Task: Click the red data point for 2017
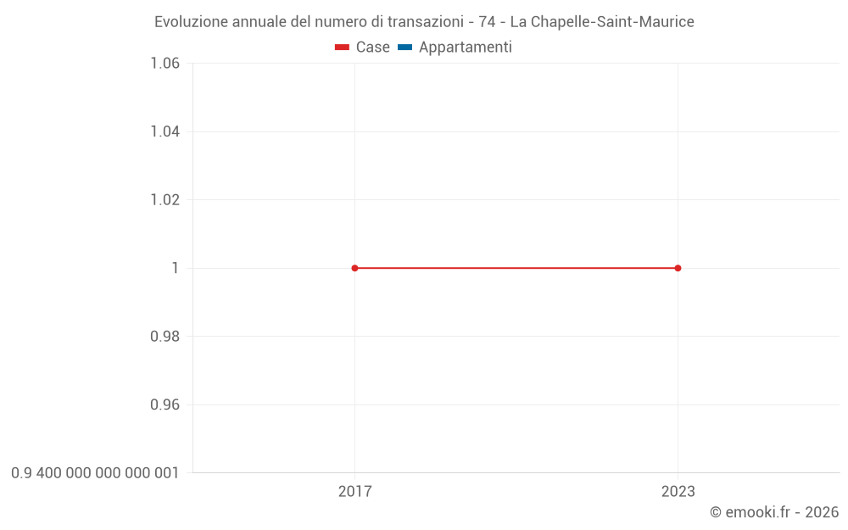354,268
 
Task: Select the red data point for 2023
678,268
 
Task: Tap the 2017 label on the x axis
354,491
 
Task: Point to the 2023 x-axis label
678,491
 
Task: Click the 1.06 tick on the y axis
165,63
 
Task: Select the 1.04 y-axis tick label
165,131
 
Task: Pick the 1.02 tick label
165,199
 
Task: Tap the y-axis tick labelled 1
176,268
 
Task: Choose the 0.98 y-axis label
165,336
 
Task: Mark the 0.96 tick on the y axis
165,404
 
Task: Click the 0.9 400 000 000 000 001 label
95,472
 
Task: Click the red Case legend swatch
342,47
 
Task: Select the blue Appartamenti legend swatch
404,47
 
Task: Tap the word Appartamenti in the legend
465,47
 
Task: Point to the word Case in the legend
372,47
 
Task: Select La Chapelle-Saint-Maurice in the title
602,22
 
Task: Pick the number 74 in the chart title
487,22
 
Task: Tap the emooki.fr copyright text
774,512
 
